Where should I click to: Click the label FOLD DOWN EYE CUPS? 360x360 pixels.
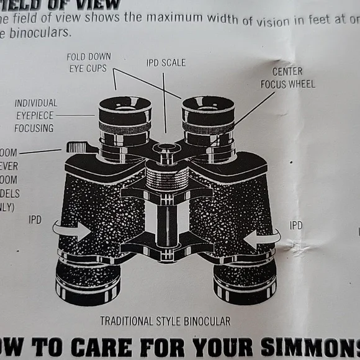[x=89, y=63]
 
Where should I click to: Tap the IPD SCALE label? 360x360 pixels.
[x=166, y=63]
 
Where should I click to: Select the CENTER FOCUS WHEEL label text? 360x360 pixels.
[x=287, y=78]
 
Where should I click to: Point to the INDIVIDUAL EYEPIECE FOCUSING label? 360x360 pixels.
[x=35, y=115]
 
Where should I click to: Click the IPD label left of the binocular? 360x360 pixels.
[x=35, y=220]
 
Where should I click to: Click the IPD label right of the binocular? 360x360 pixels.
[x=296, y=225]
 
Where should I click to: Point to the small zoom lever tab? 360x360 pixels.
[x=77, y=147]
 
